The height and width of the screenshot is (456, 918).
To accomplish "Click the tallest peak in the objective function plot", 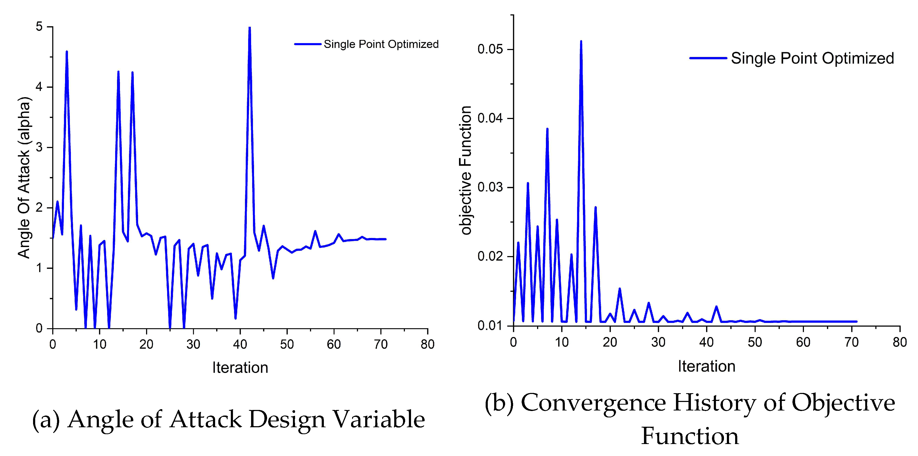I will pyautogui.click(x=581, y=42).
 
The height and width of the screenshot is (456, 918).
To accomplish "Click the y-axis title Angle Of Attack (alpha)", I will pyautogui.click(x=24, y=177).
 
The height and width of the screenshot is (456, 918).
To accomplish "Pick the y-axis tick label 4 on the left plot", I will pyautogui.click(x=39, y=87).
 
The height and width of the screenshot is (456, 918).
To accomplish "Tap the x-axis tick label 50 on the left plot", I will pyautogui.click(x=287, y=344).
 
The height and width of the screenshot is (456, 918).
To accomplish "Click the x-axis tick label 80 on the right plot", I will pyautogui.click(x=899, y=342).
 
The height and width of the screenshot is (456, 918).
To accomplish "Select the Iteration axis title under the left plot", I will pyautogui.click(x=240, y=367).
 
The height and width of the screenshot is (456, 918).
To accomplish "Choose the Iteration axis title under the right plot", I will pyautogui.click(x=706, y=366).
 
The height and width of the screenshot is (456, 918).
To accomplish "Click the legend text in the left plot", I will pyautogui.click(x=381, y=44).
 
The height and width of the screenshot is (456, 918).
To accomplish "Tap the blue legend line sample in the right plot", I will pyautogui.click(x=708, y=58).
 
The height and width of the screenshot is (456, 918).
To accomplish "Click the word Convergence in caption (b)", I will pyautogui.click(x=593, y=403).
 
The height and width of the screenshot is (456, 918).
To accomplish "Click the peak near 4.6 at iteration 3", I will pyautogui.click(x=67, y=52).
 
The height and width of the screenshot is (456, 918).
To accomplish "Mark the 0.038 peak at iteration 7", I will pyautogui.click(x=547, y=130).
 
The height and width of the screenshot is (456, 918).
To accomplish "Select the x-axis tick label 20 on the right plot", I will pyautogui.click(x=610, y=342).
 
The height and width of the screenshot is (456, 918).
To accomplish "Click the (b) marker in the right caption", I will pyautogui.click(x=499, y=404).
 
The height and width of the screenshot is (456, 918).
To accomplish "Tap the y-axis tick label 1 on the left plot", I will pyautogui.click(x=39, y=268).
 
